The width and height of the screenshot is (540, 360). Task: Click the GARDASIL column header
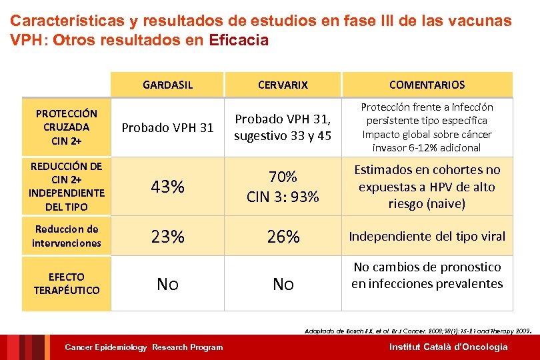click(167, 85)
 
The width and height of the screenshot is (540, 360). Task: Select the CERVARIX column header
click(283, 85)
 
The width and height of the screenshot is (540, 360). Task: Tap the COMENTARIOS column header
click(427, 85)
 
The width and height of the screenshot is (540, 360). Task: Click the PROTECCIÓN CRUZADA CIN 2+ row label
click(66, 127)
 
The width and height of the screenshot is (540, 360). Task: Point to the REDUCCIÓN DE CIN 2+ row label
click(66, 186)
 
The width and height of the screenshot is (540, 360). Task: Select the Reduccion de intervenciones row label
click(66, 236)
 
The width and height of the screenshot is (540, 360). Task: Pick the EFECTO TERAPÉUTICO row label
click(66, 283)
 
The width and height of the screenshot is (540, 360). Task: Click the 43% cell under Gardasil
click(167, 187)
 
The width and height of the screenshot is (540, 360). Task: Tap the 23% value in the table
click(167, 237)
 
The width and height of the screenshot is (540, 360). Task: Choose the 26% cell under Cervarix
click(283, 237)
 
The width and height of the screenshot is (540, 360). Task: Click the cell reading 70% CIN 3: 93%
click(283, 187)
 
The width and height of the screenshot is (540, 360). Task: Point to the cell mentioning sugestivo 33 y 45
click(283, 127)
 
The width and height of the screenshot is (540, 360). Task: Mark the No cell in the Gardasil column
click(167, 285)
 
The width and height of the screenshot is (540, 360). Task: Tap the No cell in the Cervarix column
click(283, 285)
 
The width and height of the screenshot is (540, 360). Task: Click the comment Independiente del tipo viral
click(427, 236)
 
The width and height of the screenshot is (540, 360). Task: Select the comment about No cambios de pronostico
click(427, 275)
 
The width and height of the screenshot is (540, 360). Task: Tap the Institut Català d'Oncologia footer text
click(448, 347)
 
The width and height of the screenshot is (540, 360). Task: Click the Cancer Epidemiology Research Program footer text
click(143, 347)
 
